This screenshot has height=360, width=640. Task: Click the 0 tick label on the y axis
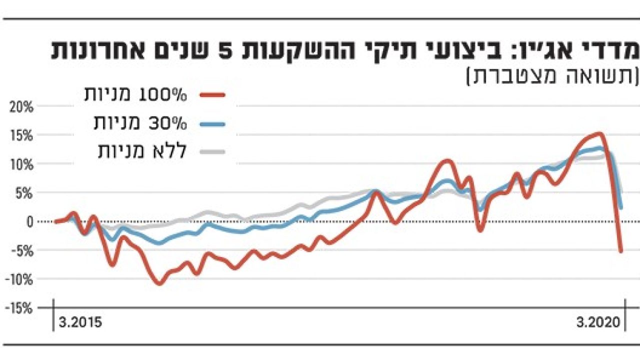(29, 221)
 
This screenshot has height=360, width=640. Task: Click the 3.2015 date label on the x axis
(80, 322)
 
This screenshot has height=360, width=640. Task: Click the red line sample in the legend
(213, 94)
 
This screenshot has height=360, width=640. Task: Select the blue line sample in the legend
(213, 123)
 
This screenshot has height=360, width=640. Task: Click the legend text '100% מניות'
(135, 94)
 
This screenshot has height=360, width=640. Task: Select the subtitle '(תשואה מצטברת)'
(552, 76)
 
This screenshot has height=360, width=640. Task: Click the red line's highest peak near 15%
(599, 133)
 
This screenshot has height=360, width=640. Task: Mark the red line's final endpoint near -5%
(621, 251)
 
